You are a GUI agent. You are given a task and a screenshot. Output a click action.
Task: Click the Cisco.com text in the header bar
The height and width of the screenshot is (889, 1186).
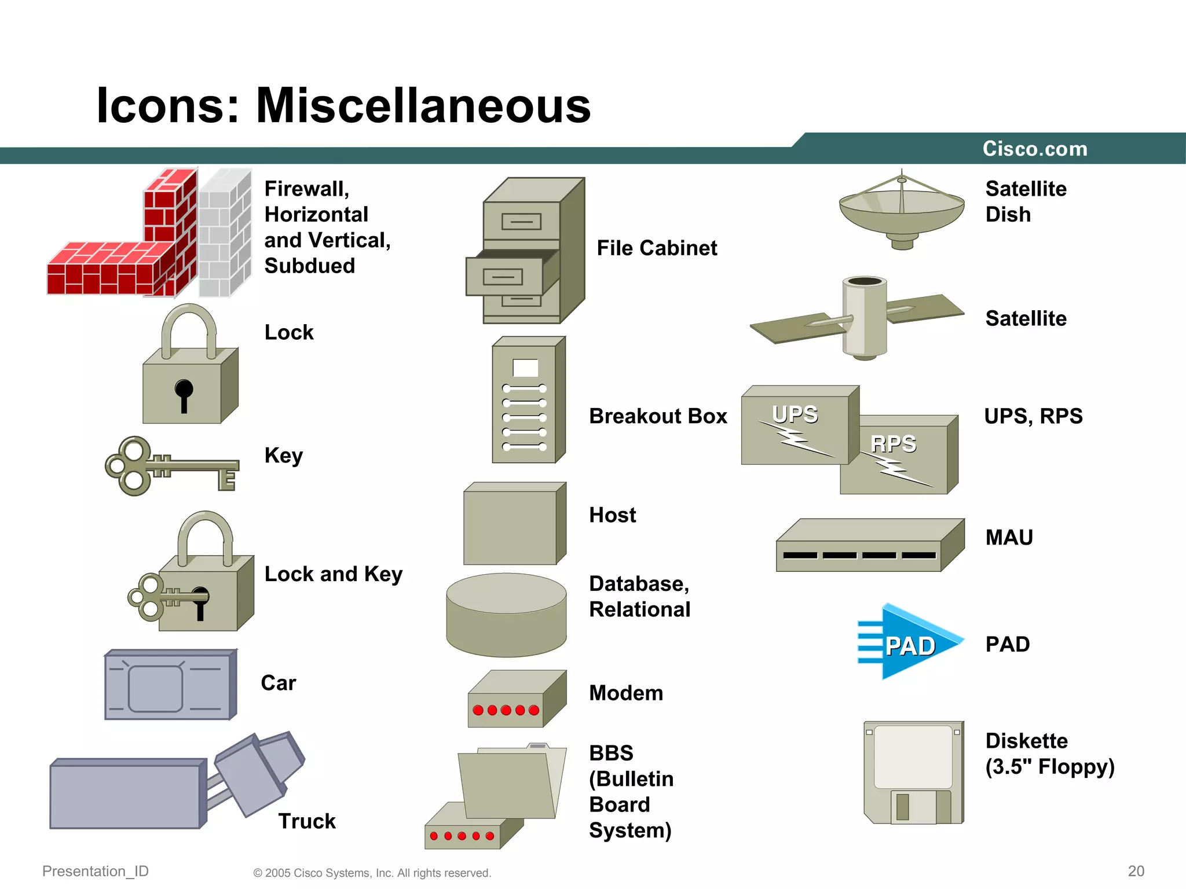click(1035, 149)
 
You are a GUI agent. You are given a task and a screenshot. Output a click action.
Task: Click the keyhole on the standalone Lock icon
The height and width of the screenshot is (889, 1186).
click(184, 391)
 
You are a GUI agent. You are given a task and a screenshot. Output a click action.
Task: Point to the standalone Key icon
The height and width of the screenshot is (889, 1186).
click(171, 466)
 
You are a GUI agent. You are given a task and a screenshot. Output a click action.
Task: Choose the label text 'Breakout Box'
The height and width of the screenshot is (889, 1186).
click(658, 416)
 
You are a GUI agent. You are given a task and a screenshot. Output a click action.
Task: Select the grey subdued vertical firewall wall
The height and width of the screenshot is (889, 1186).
click(225, 233)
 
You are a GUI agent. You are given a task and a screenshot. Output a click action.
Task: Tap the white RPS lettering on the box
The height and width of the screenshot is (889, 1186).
click(894, 444)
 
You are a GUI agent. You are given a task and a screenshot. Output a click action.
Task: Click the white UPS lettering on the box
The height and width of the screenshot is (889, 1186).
click(795, 414)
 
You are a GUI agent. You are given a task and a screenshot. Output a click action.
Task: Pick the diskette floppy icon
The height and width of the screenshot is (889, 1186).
click(913, 772)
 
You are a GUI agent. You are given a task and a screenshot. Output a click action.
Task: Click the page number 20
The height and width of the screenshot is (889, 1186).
click(1136, 871)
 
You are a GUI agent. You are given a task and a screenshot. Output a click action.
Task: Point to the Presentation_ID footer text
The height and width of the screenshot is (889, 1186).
click(96, 871)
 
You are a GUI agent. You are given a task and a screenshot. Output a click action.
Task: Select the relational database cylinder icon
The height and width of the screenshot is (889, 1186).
click(506, 615)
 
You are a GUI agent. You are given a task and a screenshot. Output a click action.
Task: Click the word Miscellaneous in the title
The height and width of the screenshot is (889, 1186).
click(423, 105)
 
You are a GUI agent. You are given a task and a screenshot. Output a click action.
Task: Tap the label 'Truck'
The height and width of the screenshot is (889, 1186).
click(307, 821)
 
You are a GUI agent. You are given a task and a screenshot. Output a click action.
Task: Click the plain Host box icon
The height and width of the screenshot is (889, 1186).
click(514, 524)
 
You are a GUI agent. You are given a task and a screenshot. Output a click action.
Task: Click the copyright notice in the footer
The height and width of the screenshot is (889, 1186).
click(372, 873)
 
